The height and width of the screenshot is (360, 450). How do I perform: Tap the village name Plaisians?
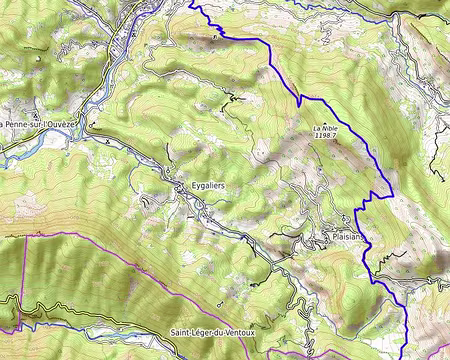[347, 238]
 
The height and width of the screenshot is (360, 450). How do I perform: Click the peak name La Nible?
[324, 129]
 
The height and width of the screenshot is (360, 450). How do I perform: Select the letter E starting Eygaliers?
[191, 187]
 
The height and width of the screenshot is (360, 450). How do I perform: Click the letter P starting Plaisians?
[333, 238]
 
